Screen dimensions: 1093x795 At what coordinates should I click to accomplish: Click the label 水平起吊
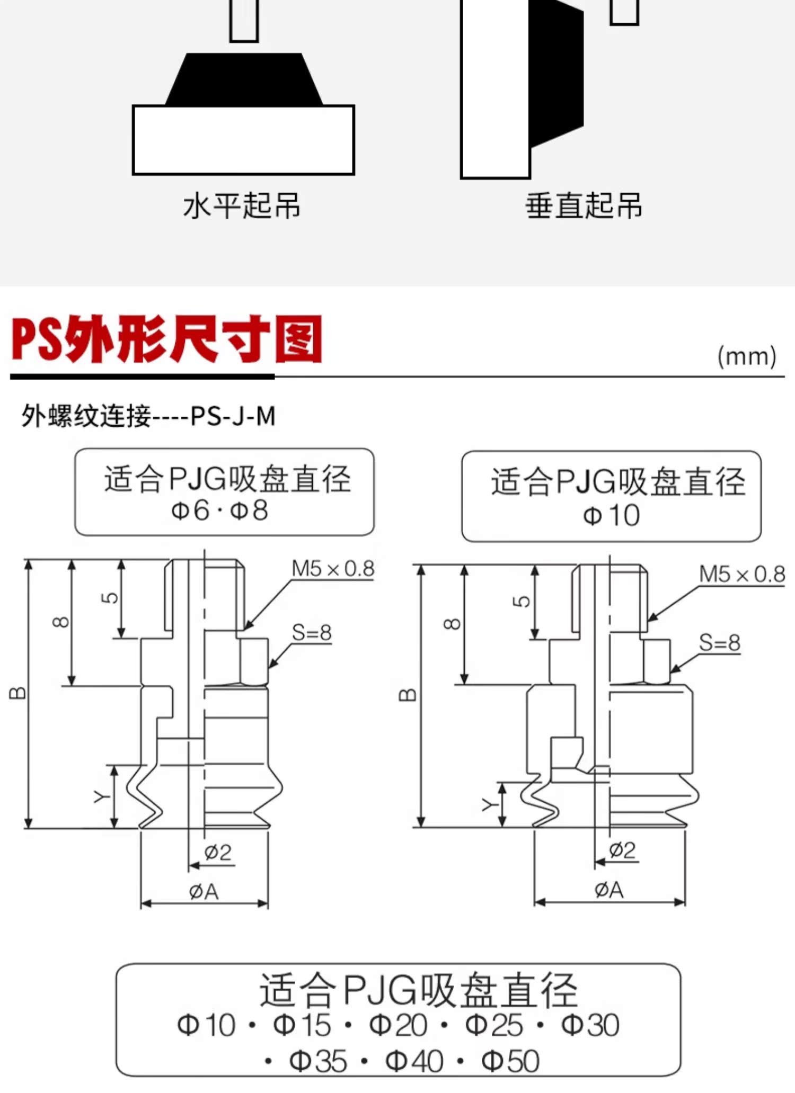[242, 205]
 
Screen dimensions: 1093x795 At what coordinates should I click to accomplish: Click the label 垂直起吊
[584, 205]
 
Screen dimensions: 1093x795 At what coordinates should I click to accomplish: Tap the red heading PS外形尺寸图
[167, 339]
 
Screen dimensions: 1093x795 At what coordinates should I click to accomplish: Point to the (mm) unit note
[747, 356]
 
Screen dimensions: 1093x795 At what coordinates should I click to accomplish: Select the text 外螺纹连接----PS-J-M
[148, 416]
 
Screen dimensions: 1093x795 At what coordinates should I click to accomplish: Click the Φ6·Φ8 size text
[219, 510]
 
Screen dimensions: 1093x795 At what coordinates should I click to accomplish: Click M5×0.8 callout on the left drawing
[333, 569]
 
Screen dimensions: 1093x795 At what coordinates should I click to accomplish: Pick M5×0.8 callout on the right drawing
[741, 574]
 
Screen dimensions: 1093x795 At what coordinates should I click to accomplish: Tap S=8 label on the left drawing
[312, 632]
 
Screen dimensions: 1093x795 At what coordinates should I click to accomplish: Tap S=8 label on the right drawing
[719, 642]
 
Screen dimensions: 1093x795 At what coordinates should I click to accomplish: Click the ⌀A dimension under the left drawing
[204, 892]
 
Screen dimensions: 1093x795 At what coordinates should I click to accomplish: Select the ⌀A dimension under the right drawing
[609, 890]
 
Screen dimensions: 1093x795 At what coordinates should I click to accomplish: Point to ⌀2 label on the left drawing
[218, 852]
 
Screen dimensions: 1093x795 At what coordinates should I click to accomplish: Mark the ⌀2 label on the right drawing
[622, 850]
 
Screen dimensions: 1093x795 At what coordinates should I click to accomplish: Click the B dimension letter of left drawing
[17, 693]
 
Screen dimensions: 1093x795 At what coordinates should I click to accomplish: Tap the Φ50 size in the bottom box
[510, 1061]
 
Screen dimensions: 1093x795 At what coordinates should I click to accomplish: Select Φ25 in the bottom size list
[494, 1025]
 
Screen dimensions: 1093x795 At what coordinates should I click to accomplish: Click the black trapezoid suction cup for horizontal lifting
[244, 79]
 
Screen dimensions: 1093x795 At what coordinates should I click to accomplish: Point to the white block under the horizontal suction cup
[243, 140]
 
